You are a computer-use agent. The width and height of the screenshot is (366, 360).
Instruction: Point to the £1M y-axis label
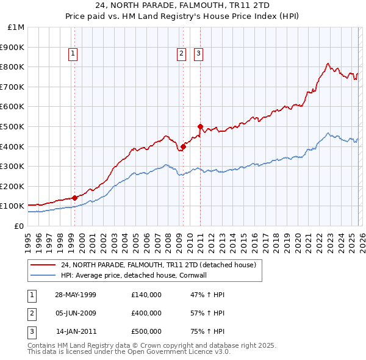click(16, 27)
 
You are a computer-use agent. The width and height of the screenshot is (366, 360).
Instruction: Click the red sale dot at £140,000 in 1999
click(75, 198)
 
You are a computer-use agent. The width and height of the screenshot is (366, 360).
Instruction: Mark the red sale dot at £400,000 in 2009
click(183, 146)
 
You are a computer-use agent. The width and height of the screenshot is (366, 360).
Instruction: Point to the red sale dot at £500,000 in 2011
click(200, 126)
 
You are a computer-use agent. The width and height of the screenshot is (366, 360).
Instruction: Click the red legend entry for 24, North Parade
click(161, 265)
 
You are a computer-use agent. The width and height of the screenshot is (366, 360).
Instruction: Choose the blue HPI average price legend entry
click(143, 275)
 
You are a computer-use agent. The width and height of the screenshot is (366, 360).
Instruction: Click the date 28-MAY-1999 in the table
click(75, 295)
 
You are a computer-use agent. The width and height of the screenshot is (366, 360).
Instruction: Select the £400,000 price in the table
click(146, 313)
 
